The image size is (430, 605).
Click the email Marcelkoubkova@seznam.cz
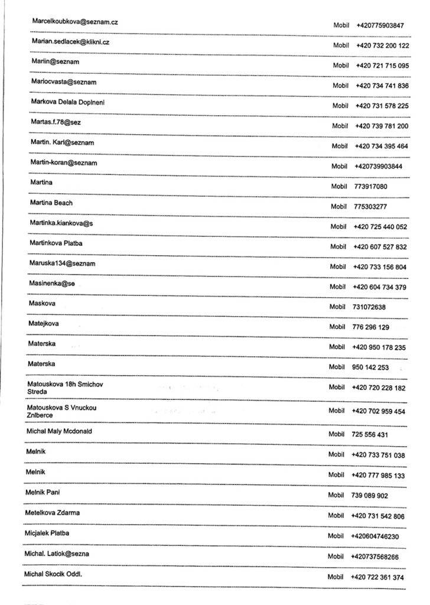[75, 22]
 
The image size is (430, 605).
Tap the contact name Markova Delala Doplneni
[68, 102]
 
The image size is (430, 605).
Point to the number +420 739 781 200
[382, 126]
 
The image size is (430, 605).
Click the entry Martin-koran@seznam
[64, 162]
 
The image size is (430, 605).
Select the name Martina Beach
[51, 203]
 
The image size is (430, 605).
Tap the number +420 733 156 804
[380, 266]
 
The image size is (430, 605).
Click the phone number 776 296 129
[371, 327]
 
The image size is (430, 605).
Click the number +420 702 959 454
[379, 411]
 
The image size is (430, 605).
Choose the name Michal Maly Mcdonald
[59, 431]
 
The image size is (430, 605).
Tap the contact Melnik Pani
[43, 492]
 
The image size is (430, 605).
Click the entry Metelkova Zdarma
[52, 512]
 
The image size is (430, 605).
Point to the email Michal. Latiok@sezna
[57, 554]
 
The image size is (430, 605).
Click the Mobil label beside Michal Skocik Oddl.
[335, 577]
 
